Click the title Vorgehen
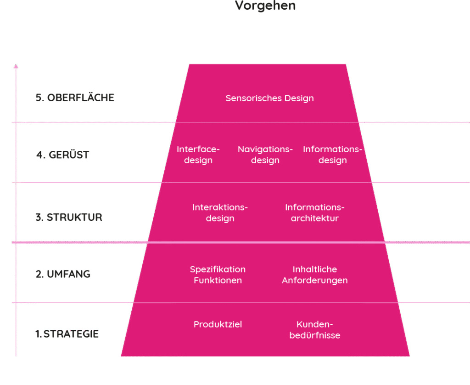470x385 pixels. point(265,6)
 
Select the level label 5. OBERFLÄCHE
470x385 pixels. point(75,98)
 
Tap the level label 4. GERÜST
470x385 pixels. point(62,155)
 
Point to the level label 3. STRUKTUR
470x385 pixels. point(69,217)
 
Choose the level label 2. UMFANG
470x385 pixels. point(63,274)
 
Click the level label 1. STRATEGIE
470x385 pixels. point(67,334)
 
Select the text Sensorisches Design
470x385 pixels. point(269,98)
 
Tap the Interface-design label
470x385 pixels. point(198,155)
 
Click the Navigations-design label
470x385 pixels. point(265,155)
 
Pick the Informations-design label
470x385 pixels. point(332,155)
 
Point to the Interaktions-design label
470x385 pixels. point(220,213)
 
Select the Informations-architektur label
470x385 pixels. point(314,213)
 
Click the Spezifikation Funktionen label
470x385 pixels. point(218,275)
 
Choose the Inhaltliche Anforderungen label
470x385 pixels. point(314,275)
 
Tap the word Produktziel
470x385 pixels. point(218,324)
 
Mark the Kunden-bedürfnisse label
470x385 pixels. point(314,330)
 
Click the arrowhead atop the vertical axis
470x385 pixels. point(16,66)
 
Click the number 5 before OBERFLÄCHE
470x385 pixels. point(38,98)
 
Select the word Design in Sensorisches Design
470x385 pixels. point(299,98)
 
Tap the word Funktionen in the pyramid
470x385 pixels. point(218,280)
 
